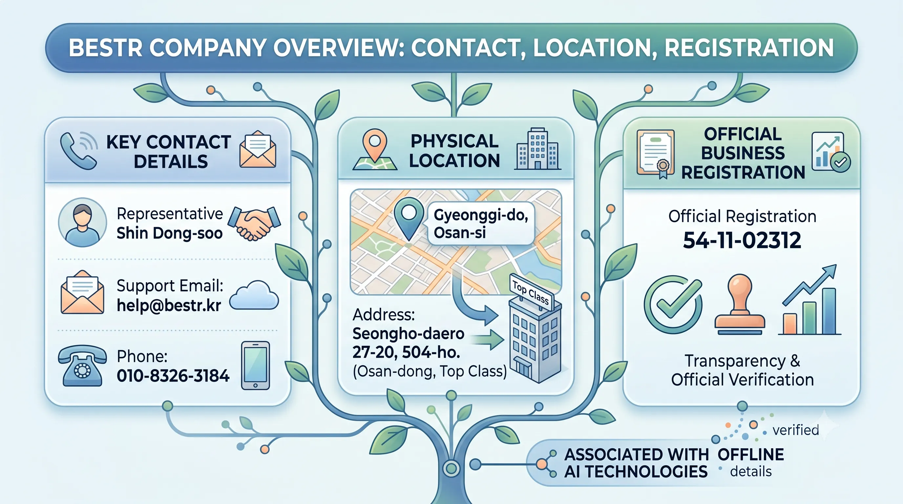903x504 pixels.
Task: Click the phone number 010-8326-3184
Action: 173,376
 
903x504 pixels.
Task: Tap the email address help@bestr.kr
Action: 169,305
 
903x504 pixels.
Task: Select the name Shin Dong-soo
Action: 170,233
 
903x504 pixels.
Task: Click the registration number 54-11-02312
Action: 742,240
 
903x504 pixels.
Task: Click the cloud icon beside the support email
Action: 254,295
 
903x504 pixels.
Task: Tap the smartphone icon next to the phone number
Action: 256,366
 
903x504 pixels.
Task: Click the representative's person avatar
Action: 82,222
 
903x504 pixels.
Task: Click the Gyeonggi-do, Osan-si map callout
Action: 481,223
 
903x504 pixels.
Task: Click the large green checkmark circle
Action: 673,304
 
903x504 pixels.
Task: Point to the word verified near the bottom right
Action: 796,430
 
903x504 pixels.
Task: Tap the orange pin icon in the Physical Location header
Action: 375,150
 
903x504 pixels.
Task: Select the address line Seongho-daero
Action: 409,334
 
